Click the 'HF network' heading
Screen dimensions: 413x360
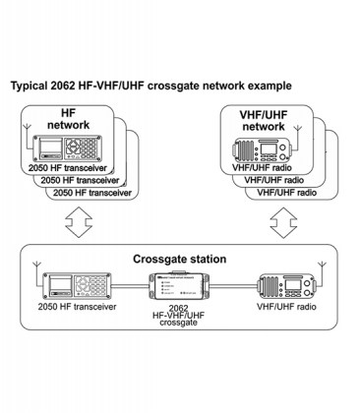68,121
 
